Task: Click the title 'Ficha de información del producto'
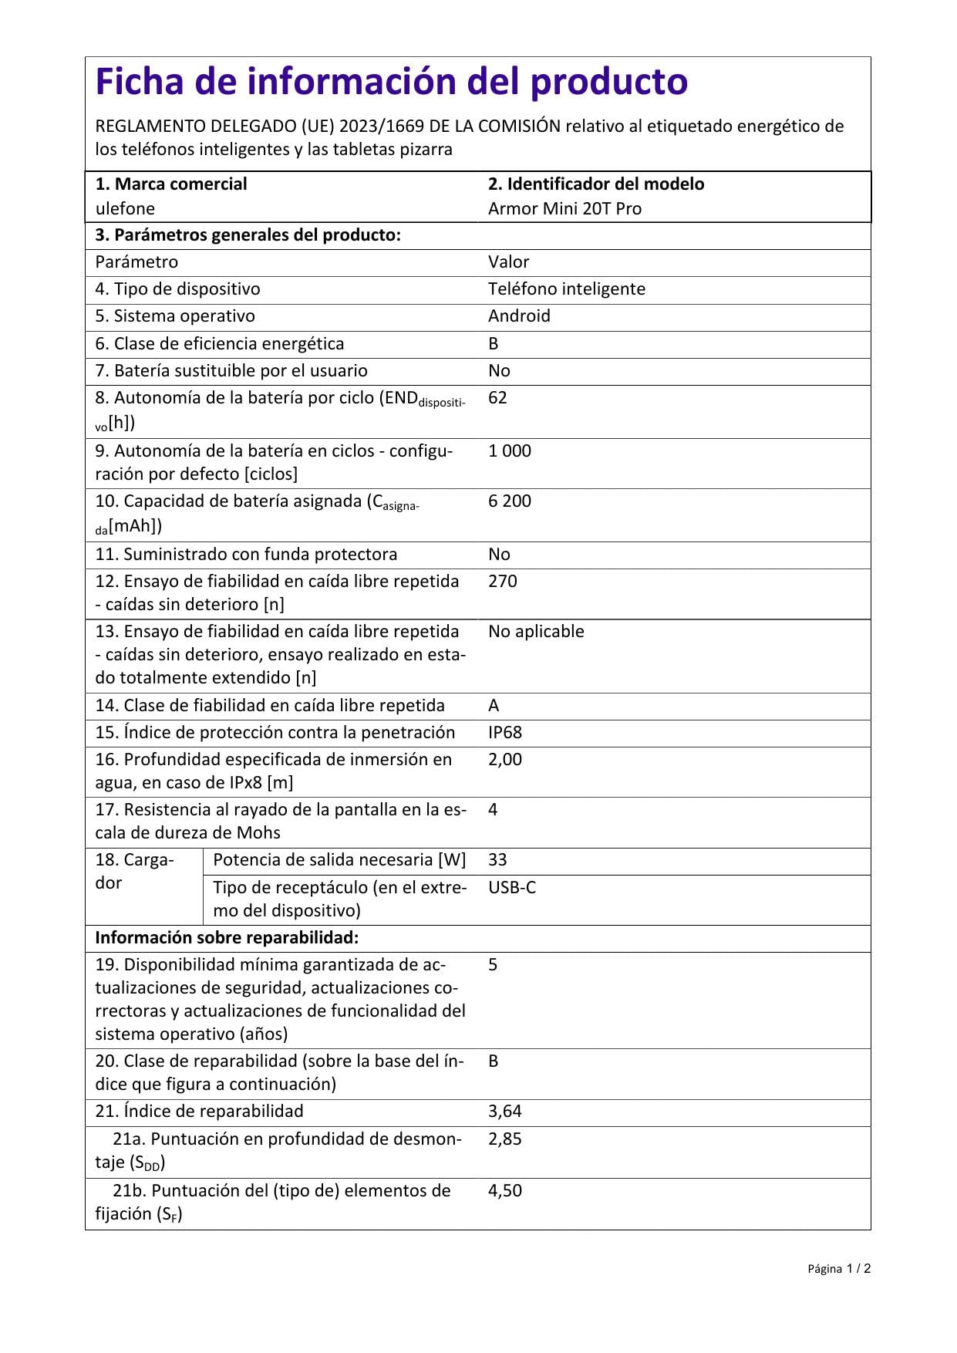click(x=391, y=82)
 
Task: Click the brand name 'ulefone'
click(x=125, y=208)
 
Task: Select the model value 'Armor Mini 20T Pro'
click(x=564, y=208)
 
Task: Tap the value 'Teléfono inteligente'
click(x=566, y=288)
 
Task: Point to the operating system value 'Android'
click(x=519, y=315)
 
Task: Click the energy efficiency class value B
click(x=494, y=343)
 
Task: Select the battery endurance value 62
click(x=497, y=397)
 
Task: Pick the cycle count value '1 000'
click(x=509, y=450)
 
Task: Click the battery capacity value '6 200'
click(x=509, y=501)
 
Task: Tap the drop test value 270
click(x=502, y=581)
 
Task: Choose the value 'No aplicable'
click(x=536, y=631)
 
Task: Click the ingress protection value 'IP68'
click(x=505, y=732)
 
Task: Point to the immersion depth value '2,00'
click(x=505, y=759)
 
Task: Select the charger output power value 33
click(x=497, y=859)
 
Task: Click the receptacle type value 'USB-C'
click(x=512, y=887)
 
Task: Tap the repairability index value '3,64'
click(x=505, y=1111)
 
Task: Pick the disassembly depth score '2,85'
click(x=505, y=1139)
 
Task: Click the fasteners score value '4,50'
click(x=505, y=1190)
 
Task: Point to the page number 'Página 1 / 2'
click(x=839, y=1269)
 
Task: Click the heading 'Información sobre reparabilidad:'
click(x=227, y=937)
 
